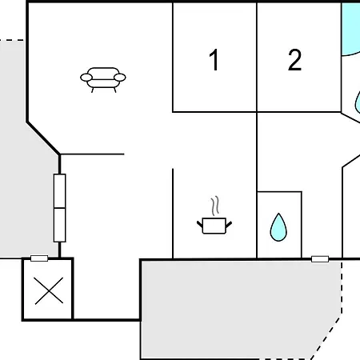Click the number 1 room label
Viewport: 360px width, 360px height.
point(214,60)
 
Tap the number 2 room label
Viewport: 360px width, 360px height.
point(294,60)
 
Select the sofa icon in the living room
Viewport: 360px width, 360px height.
point(103,80)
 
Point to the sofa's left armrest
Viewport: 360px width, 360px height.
point(86,78)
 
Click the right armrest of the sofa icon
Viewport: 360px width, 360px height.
point(120,78)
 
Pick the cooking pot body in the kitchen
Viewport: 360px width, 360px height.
point(214,226)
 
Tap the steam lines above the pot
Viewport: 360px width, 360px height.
point(215,206)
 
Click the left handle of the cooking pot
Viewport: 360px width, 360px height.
point(200,224)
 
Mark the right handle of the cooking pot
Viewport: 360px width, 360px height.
point(229,224)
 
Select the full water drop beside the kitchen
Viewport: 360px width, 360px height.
point(278,228)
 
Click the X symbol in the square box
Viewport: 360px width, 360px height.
point(49,290)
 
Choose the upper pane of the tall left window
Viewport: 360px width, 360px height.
point(60,191)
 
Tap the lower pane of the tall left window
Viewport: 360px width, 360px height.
point(60,225)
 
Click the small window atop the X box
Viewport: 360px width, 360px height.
point(39,258)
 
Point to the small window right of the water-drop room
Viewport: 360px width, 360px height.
point(320,259)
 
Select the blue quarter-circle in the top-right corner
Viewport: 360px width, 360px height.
point(350,28)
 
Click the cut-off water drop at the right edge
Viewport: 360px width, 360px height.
point(358,102)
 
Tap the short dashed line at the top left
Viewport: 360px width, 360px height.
point(12,40)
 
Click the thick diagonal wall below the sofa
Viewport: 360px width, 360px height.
point(43,138)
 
